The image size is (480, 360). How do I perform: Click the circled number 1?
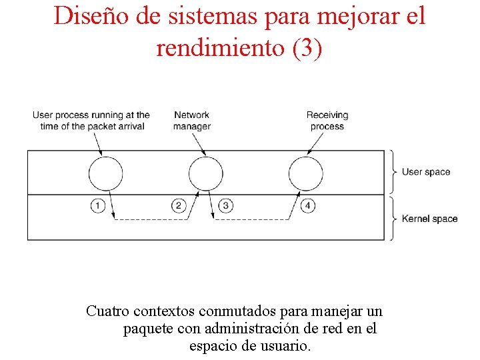[x=98, y=205]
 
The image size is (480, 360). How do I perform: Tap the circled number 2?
[x=178, y=205]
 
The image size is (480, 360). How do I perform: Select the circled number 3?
[x=226, y=205]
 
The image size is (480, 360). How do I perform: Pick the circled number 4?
[x=307, y=205]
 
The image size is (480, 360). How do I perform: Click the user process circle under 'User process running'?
[x=105, y=173]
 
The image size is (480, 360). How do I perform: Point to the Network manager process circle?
[x=205, y=173]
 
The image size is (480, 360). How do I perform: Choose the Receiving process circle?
[x=305, y=173]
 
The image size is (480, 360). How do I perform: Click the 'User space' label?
[x=426, y=172]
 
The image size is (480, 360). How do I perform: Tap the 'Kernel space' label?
[x=429, y=219]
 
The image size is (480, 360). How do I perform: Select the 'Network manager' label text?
[x=192, y=121]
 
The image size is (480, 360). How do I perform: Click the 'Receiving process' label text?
[x=327, y=121]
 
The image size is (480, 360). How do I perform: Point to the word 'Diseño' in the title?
[x=85, y=16]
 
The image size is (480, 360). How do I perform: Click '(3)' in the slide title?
[x=307, y=47]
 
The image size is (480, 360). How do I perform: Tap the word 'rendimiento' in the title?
[x=219, y=47]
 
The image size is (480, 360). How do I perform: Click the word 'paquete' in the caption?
[x=146, y=329]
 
